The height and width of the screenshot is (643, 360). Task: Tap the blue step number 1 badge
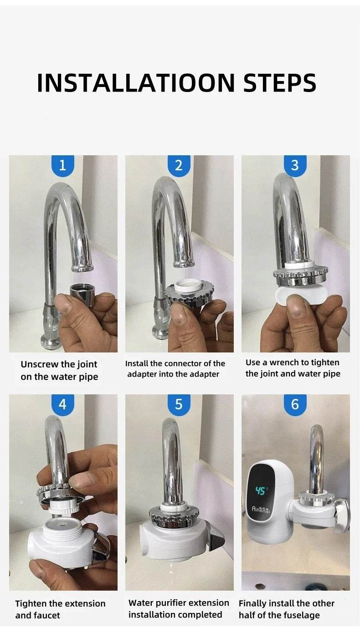click(62, 165)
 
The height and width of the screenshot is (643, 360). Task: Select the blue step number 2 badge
click(179, 165)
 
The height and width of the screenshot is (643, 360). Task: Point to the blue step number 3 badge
click(295, 165)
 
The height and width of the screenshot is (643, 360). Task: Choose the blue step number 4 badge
click(62, 404)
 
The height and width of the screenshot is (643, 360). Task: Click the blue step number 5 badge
click(179, 404)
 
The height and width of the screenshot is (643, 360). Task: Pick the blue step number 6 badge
click(295, 404)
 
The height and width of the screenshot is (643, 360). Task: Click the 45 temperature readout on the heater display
click(261, 491)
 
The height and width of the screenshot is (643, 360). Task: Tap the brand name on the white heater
click(261, 510)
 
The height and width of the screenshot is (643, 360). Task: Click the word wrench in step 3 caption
click(286, 362)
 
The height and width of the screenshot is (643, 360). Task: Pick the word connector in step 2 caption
click(183, 363)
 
